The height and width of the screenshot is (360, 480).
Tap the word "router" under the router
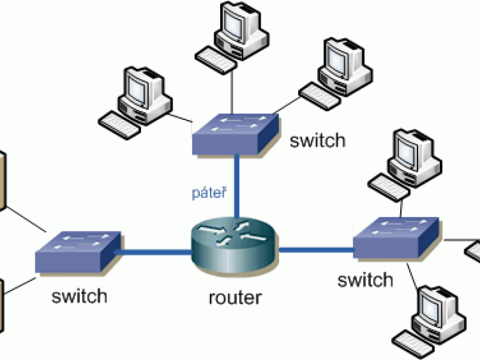pos(235,297)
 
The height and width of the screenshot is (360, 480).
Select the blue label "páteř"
pos(209,193)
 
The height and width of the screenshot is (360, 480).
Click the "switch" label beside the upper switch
pos(317,140)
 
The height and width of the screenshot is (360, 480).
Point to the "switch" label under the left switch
pos(79,295)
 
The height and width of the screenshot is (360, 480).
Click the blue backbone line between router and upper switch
pos(238,186)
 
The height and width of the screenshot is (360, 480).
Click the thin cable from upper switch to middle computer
pos(230,90)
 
